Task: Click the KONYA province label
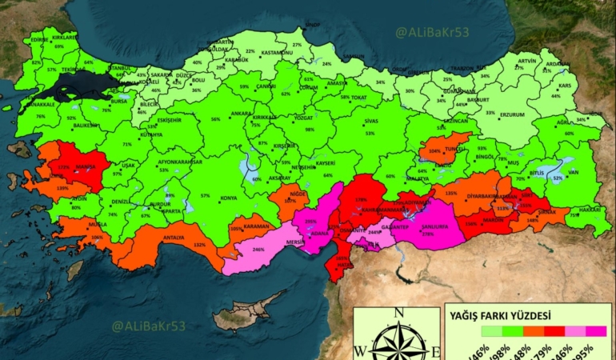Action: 229,198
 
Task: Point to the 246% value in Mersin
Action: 258,250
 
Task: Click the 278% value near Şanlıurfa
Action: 428,234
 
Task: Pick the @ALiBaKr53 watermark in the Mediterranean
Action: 150,326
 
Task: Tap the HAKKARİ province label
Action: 590,208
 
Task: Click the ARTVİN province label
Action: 526,61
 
